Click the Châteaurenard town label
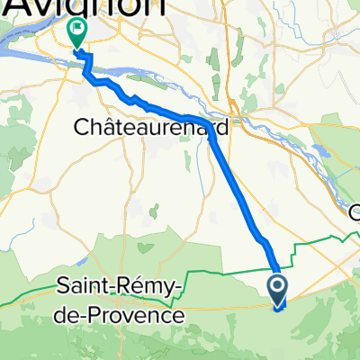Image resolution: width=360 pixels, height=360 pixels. [148, 129]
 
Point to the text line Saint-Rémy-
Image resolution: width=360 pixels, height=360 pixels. [118, 289]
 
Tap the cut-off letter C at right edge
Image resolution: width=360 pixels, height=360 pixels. [355, 213]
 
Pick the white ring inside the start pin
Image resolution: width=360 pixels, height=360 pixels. [277, 288]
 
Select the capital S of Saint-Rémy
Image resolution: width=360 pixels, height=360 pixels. [63, 289]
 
